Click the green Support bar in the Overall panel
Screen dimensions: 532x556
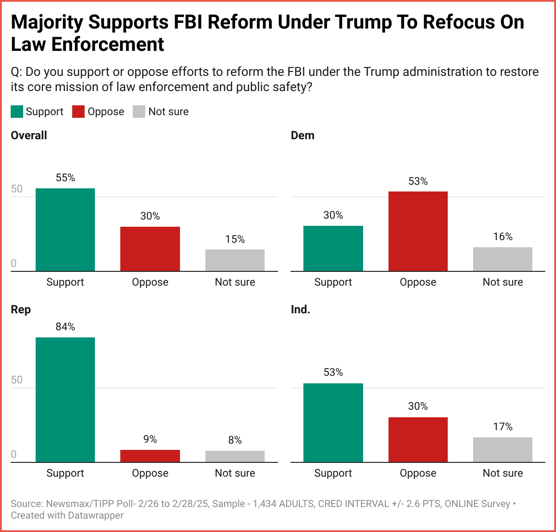65,229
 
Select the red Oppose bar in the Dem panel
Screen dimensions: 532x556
418,231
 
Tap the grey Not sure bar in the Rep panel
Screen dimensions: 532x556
235,456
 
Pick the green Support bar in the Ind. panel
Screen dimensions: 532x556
333,423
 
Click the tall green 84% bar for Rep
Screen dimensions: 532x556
65,399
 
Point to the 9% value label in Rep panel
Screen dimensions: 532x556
150,440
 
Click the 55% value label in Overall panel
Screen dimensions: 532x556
65,178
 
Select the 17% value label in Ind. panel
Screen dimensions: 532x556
503,427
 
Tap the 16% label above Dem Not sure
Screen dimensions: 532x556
503,237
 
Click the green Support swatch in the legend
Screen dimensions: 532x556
17,112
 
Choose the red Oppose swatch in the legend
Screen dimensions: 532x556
78,112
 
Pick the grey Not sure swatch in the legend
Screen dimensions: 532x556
139,112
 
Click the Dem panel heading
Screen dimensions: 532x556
303,136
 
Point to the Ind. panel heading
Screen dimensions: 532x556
300,310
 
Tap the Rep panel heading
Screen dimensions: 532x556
20,310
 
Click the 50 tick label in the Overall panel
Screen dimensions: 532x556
16,189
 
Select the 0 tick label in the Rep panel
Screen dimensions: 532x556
14,454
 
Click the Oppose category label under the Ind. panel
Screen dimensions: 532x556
418,473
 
